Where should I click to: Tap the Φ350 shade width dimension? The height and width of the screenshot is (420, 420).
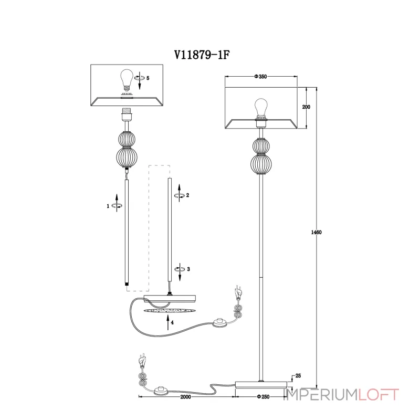tap(261, 77)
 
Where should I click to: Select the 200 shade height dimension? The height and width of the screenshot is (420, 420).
tap(307, 107)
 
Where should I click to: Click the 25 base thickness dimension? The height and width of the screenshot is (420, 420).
tap(298, 376)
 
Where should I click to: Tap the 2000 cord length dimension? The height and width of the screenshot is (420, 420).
tap(184, 397)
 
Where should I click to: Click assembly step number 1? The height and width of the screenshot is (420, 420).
tap(108, 206)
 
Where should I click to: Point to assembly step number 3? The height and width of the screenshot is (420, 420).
tap(187, 269)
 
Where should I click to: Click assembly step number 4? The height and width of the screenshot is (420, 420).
tap(172, 323)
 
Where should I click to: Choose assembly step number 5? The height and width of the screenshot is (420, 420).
tap(148, 78)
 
